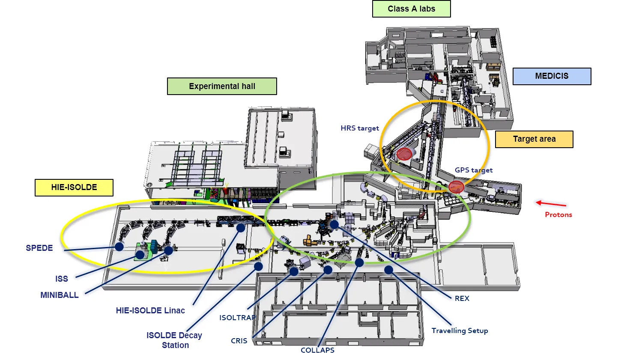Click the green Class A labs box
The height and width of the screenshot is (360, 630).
[x=412, y=9]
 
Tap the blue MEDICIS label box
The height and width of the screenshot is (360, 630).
[x=552, y=76]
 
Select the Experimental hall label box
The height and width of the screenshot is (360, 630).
[x=222, y=86]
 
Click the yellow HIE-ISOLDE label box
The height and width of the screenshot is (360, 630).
[x=74, y=187]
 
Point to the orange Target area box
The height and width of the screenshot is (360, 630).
[x=534, y=139]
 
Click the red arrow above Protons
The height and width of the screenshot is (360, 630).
[x=551, y=203]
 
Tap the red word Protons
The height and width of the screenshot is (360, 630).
[x=558, y=215]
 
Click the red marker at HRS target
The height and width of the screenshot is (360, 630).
[x=404, y=154]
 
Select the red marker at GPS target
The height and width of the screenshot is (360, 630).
[x=456, y=187]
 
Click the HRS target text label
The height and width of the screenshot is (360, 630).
[x=360, y=128]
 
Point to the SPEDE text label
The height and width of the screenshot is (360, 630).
[x=39, y=248]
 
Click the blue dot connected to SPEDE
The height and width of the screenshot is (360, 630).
[x=119, y=247]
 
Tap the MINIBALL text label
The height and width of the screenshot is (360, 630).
[x=60, y=295]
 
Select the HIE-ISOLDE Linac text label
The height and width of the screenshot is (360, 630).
[x=150, y=310]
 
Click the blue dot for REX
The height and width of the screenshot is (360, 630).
[x=334, y=225]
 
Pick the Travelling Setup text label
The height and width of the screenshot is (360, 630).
[x=460, y=331]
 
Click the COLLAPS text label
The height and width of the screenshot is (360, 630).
[x=317, y=350]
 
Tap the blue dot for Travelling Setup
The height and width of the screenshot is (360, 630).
[x=388, y=270]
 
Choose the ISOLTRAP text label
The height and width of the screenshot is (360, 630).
[x=237, y=318]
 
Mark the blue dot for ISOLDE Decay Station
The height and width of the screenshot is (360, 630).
[x=259, y=266]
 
